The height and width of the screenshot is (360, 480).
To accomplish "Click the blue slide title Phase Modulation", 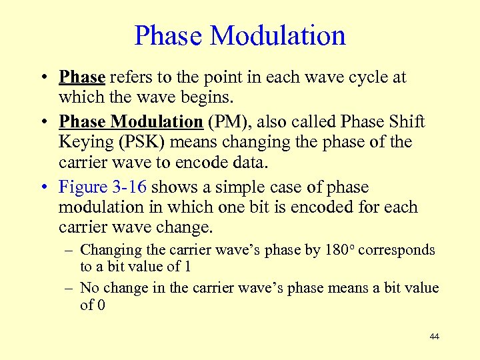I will (x=240, y=35).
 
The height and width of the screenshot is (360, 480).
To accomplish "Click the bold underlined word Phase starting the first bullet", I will (x=81, y=77).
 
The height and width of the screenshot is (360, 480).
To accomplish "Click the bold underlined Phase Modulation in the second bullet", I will (x=131, y=122).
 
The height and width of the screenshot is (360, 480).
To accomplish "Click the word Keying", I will (x=85, y=142).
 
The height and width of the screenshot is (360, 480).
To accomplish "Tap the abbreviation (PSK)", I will (x=143, y=142).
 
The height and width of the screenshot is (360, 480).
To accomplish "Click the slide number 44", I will (x=434, y=337).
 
